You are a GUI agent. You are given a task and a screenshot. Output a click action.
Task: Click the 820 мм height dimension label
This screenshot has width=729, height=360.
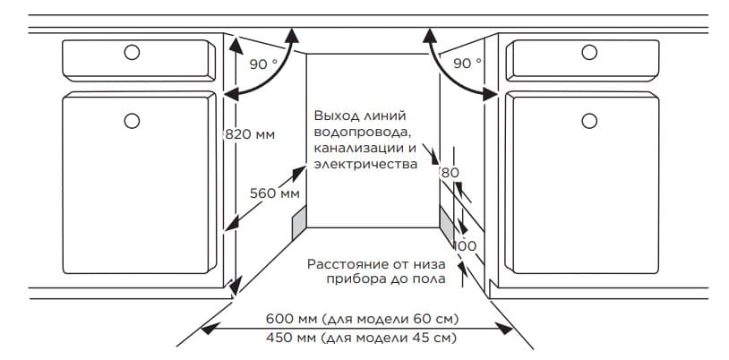(250, 135)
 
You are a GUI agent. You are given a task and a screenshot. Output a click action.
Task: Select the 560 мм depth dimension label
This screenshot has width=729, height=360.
(275, 193)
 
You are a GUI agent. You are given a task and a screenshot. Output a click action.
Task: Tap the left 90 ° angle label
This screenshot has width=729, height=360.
(263, 64)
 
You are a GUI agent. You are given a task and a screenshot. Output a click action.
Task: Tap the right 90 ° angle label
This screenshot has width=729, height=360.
(467, 64)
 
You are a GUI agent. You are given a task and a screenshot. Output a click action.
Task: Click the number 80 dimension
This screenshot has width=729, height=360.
(450, 173)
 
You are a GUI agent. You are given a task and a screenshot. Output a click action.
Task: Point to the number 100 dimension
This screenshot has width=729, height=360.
(466, 246)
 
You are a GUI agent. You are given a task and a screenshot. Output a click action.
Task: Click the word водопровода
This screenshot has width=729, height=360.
(361, 133)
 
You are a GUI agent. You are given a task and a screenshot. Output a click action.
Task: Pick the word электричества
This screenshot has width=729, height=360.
(365, 164)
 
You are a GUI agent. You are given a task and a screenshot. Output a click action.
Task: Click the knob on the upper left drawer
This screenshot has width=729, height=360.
(132, 53)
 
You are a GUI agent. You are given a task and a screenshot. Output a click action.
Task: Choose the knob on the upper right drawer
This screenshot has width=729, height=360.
(589, 52)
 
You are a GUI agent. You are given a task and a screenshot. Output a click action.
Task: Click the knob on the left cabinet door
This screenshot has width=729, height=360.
(132, 121)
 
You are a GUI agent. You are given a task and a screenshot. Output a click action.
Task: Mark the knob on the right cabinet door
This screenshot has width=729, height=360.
(589, 121)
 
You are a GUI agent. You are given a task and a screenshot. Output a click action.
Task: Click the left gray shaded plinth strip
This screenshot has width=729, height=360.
(299, 222)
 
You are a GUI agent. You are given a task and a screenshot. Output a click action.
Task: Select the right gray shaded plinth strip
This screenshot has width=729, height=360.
(447, 224)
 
